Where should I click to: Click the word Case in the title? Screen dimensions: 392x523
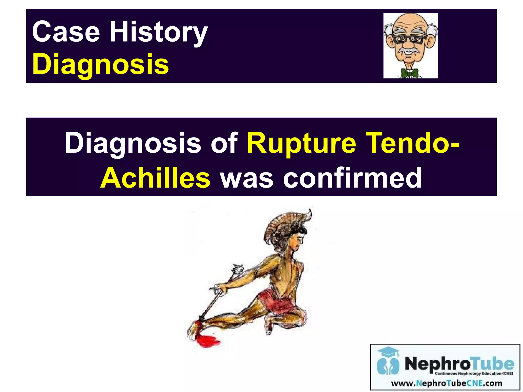pyautogui.click(x=66, y=32)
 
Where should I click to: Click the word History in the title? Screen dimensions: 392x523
pyautogui.click(x=158, y=33)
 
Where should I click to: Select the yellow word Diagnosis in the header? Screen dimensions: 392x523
pyautogui.click(x=100, y=64)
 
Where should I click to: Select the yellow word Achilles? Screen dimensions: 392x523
pyautogui.click(x=155, y=178)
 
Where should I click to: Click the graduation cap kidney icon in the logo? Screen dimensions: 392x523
pyautogui.click(x=388, y=361)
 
